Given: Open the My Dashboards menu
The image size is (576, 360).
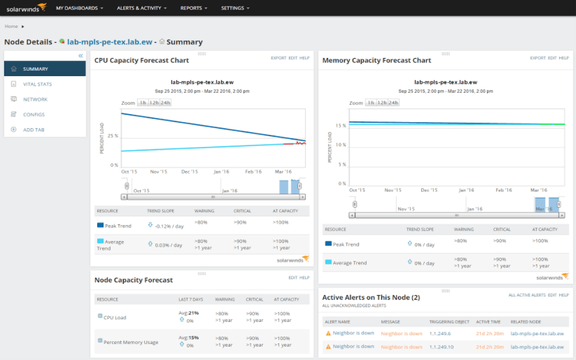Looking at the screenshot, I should pyautogui.click(x=80, y=8).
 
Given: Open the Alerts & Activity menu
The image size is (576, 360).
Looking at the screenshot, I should pyautogui.click(x=142, y=8).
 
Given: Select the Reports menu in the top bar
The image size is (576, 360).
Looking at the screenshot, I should pyautogui.click(x=193, y=8).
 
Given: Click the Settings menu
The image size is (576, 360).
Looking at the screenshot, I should pyautogui.click(x=235, y=8).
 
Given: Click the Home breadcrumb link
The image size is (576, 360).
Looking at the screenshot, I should pyautogui.click(x=11, y=26).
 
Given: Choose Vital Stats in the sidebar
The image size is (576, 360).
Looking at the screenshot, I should pyautogui.click(x=37, y=84).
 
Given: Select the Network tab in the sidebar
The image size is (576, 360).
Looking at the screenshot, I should pyautogui.click(x=35, y=100).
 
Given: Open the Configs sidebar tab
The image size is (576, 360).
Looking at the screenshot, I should pyautogui.click(x=34, y=115).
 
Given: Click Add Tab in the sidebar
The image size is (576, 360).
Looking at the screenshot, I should pyautogui.click(x=34, y=130).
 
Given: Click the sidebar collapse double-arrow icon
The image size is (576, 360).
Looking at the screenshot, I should pyautogui.click(x=80, y=56).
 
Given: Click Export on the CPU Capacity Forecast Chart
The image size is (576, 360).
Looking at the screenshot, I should pyautogui.click(x=278, y=58).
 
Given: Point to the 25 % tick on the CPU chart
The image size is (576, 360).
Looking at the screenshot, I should pyautogui.click(x=112, y=136).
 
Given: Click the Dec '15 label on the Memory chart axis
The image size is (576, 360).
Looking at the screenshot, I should pyautogui.click(x=429, y=190).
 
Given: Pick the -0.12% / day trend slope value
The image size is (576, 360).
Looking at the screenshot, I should pyautogui.click(x=169, y=226).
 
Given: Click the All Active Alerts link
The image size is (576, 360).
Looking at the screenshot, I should pyautogui.click(x=526, y=295).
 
